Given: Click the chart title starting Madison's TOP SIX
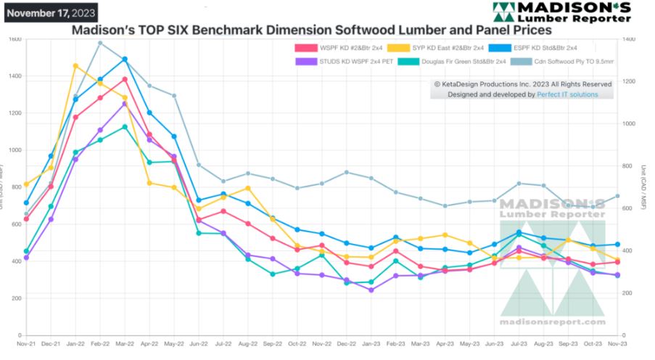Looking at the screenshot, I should (x=311, y=30).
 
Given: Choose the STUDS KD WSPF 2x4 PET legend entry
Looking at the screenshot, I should (x=347, y=62).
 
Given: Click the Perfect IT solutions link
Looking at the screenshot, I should (x=567, y=95).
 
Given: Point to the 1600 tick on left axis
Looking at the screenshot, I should (x=15, y=38).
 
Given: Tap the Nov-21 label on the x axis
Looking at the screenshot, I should (x=26, y=342).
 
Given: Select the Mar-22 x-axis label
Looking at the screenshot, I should (x=124, y=342).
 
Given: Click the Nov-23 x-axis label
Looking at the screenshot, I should (x=617, y=342).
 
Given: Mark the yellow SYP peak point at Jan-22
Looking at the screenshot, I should (x=75, y=66).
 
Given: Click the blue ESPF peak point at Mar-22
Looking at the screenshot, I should (x=125, y=60).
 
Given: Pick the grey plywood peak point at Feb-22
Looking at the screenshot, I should (x=100, y=43).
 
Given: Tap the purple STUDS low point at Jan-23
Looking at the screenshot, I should (x=371, y=290).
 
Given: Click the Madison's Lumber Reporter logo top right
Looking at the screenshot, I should (x=561, y=12).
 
